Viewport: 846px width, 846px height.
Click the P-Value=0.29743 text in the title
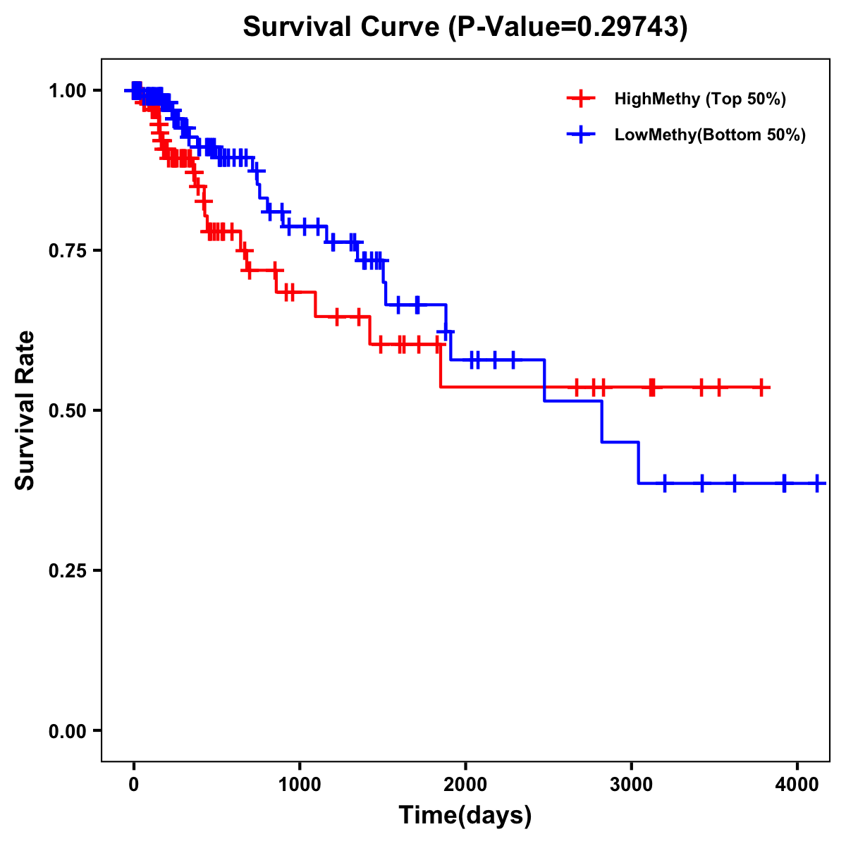point(571,27)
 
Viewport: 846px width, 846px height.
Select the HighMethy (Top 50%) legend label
point(700,99)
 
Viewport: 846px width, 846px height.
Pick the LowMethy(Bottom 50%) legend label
point(710,135)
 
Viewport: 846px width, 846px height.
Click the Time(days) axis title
point(465,816)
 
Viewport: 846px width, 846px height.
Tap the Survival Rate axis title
point(25,410)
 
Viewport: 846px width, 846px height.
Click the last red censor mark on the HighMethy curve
point(761,387)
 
